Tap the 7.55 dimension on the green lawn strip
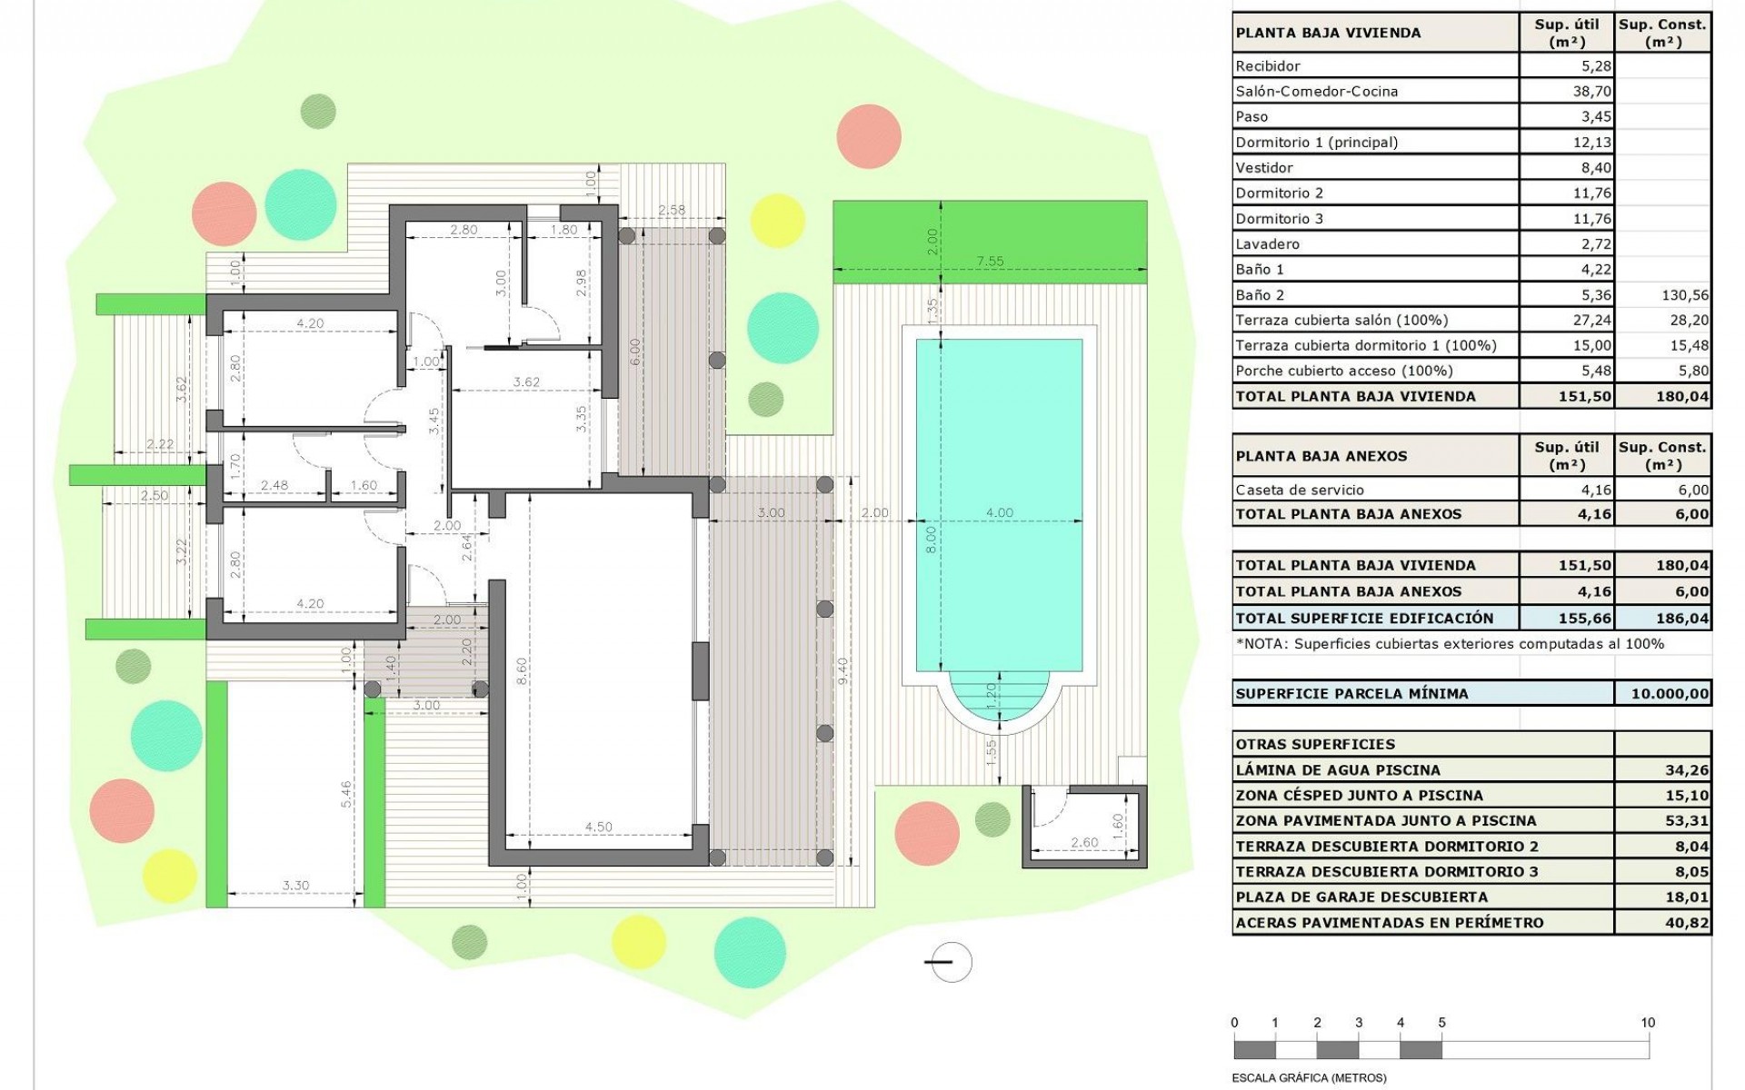[990, 262]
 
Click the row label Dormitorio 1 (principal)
[1316, 142]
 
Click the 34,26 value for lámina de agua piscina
[1687, 769]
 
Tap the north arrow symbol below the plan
[949, 962]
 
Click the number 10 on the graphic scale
[1647, 1023]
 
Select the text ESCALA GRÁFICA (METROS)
[1309, 1078]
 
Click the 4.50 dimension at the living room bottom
[598, 827]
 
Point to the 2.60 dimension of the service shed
[1084, 843]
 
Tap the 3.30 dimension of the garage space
[295, 885]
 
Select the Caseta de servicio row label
[1299, 490]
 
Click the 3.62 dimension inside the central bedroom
[526, 382]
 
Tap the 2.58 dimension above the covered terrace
[672, 210]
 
